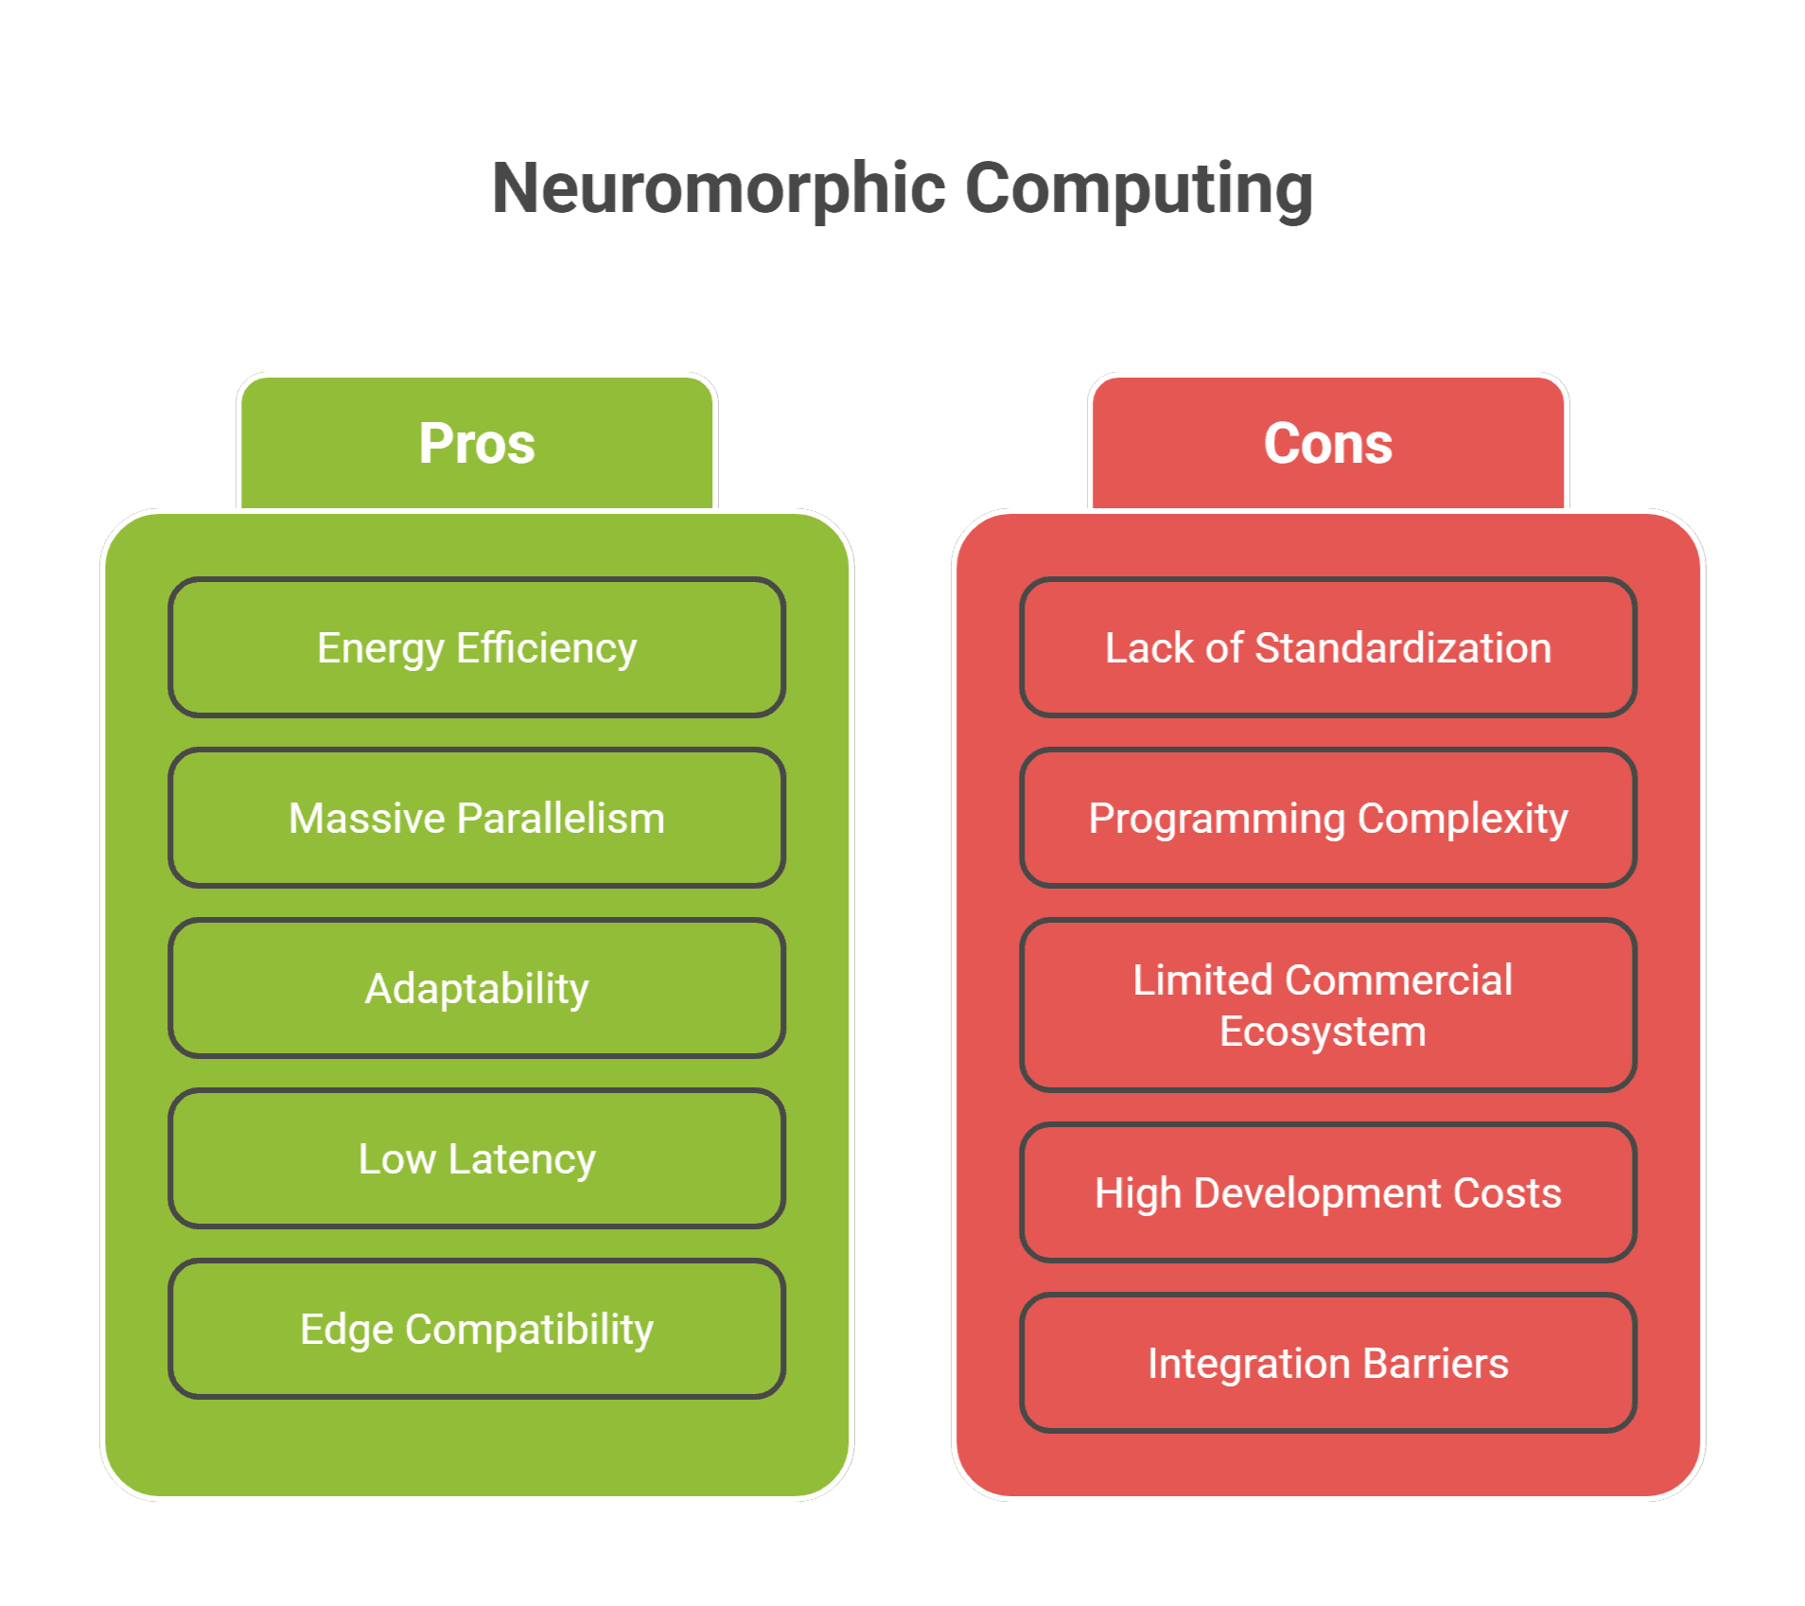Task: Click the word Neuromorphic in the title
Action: pyautogui.click(x=719, y=188)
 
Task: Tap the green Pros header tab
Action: pyautogui.click(x=477, y=443)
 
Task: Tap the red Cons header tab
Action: pyautogui.click(x=1327, y=443)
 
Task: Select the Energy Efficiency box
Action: pyautogui.click(x=477, y=647)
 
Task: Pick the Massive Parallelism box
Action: pyautogui.click(x=477, y=818)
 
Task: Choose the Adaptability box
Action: pyautogui.click(x=477, y=988)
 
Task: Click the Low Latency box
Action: pyautogui.click(x=477, y=1158)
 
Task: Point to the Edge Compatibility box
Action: pyautogui.click(x=477, y=1329)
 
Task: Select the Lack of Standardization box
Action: pyautogui.click(x=1327, y=647)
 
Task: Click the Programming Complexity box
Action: pyautogui.click(x=1327, y=818)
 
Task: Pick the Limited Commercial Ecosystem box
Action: pyautogui.click(x=1327, y=1004)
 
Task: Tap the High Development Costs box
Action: pyautogui.click(x=1327, y=1192)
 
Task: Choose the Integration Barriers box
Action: pyautogui.click(x=1327, y=1363)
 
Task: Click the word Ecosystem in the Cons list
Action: pyautogui.click(x=1323, y=1032)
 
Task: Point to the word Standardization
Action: pyautogui.click(x=1403, y=648)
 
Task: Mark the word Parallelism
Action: pyautogui.click(x=561, y=819)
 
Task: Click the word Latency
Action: pyautogui.click(x=521, y=1159)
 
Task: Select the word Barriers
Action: pyautogui.click(x=1435, y=1364)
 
